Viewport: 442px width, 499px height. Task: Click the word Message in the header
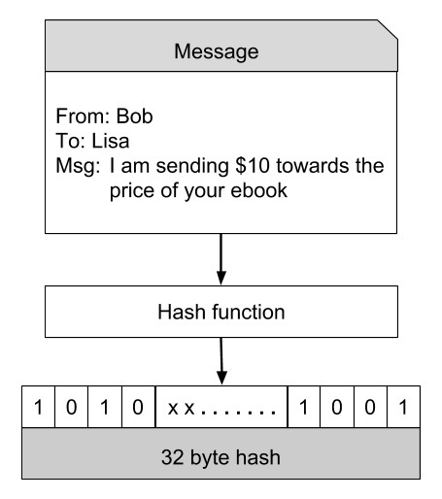[217, 50]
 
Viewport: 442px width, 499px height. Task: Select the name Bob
[134, 118]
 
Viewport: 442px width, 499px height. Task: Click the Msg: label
[78, 166]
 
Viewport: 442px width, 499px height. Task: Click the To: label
[72, 142]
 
